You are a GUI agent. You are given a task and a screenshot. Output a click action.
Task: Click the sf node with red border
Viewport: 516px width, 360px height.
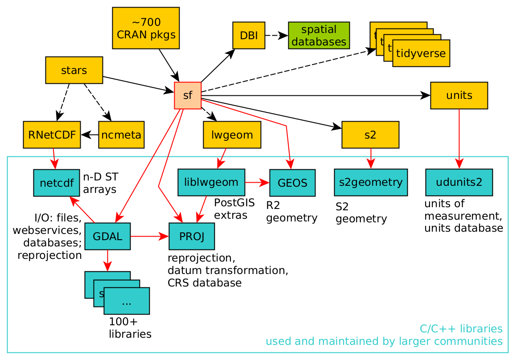point(188,95)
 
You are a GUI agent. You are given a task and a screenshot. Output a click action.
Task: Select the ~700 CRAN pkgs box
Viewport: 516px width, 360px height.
point(146,28)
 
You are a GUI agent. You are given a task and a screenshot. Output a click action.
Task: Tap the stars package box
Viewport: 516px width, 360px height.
point(74,70)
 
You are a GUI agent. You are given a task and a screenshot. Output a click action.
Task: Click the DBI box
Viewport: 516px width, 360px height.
point(249,35)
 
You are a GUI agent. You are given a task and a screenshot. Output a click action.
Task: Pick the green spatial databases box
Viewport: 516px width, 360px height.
point(319,35)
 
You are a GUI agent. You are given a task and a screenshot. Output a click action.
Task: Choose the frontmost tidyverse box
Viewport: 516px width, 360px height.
point(421,53)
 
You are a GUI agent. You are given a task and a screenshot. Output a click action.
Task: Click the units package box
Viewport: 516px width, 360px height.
point(459,95)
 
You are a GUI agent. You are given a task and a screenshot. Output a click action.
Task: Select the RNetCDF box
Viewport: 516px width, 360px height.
point(52,135)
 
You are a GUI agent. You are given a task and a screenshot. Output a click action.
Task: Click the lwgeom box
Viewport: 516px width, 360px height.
point(232,135)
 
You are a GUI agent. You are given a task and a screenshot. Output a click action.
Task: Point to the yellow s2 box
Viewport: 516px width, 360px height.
point(370,135)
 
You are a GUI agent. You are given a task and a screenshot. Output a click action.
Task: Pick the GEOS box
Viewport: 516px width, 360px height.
point(292,183)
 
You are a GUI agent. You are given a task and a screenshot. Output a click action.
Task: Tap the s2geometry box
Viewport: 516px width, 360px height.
point(371,182)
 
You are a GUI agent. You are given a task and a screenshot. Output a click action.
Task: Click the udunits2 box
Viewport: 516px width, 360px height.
point(459,182)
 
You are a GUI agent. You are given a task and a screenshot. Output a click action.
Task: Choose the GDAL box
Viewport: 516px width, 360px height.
point(107,236)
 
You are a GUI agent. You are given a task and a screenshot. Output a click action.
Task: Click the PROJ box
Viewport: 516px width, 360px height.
point(192,236)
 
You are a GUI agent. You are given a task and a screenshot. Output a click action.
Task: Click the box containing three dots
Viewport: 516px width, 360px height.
point(127,301)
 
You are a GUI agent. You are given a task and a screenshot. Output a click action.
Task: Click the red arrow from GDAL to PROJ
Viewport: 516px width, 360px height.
point(149,236)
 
